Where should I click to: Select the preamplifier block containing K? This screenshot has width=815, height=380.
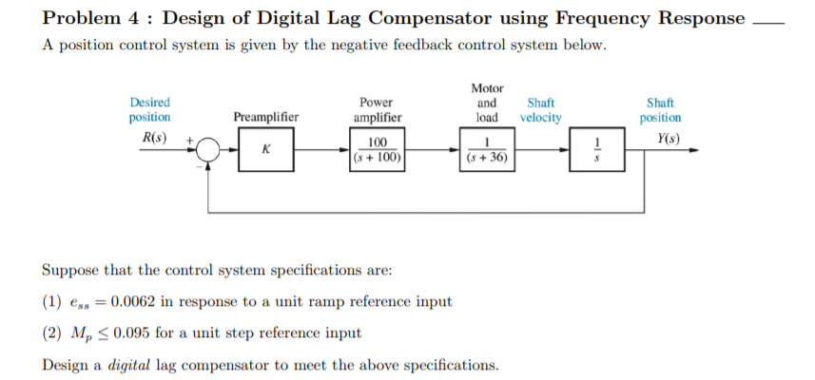point(265,150)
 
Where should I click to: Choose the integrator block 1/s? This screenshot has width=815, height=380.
point(596,150)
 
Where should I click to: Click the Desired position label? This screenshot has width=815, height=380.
point(149,110)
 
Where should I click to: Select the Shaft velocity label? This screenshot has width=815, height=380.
point(540,110)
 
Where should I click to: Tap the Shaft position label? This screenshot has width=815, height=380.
point(661,110)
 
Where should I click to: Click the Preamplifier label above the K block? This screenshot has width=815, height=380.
point(265,118)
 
